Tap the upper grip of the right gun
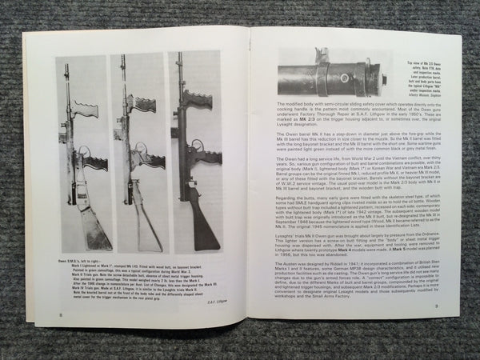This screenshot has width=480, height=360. pos(198,99)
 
